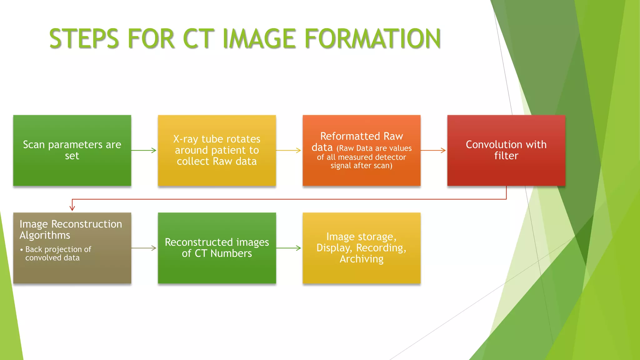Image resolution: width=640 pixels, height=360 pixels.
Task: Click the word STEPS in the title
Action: pyautogui.click(x=84, y=39)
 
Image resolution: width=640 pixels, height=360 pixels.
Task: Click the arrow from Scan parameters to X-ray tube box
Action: pyautogui.click(x=144, y=150)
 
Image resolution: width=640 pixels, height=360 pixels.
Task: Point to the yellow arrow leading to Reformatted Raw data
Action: pyautogui.click(x=288, y=150)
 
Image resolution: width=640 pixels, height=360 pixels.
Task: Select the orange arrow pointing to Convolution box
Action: pyautogui.click(x=433, y=150)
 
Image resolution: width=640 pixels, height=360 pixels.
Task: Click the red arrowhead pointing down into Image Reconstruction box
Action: pyautogui.click(x=72, y=207)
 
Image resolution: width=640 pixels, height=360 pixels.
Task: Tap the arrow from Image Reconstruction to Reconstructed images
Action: pyautogui.click(x=144, y=248)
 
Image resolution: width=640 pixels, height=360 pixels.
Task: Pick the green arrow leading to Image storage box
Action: pyautogui.click(x=288, y=248)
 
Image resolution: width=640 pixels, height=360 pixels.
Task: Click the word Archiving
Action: pyautogui.click(x=362, y=259)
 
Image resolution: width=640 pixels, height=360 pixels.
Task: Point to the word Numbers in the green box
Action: pyautogui.click(x=231, y=253)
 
